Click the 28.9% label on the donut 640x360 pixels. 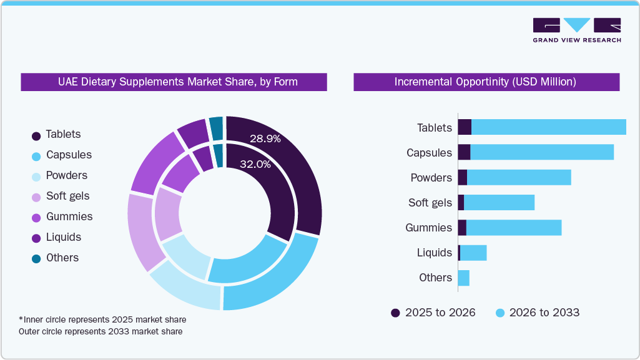[x=265, y=139]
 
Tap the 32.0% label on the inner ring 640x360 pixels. [x=255, y=165]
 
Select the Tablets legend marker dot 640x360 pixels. [x=36, y=135]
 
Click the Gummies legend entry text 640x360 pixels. [x=69, y=216]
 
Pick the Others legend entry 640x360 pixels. [x=62, y=258]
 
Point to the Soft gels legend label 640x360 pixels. [x=67, y=196]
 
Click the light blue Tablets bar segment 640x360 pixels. [x=548, y=127]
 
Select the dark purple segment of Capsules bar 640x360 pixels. [x=464, y=152]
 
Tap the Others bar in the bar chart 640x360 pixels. [x=463, y=278]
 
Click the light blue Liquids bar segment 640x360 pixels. [x=473, y=253]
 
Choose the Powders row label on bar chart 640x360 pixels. [x=431, y=178]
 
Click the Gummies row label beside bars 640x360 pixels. [x=428, y=228]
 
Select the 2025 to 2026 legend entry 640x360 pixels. [x=433, y=313]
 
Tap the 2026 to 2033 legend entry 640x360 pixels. [x=538, y=313]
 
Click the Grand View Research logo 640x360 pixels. [x=576, y=30]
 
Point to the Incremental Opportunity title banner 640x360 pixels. [x=486, y=82]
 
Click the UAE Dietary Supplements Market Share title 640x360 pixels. [x=174, y=82]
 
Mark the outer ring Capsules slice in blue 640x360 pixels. [x=275, y=281]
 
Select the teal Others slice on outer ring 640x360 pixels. [x=216, y=128]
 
